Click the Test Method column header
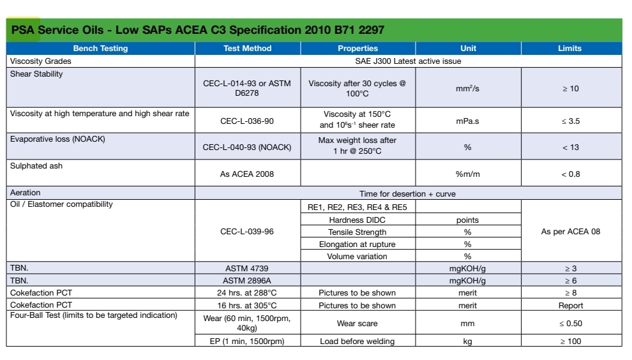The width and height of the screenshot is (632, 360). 248,49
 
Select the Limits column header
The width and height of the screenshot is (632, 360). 569,49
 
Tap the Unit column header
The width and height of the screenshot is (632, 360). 468,49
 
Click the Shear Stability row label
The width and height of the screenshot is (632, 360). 36,74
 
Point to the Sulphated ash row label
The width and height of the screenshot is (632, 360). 36,166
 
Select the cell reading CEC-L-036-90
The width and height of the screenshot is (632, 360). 247,121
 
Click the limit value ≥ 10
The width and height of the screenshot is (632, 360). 571,89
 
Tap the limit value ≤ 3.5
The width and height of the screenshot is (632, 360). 571,121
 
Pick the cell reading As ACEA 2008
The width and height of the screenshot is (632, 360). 247,174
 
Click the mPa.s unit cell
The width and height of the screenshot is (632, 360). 467,121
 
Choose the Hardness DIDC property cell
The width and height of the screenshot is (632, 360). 357,220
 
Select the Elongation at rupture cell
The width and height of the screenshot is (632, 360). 357,244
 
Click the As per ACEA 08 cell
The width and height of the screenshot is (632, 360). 571,232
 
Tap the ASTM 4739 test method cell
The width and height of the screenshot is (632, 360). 247,269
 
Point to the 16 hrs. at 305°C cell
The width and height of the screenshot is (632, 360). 247,306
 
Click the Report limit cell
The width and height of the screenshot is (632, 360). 571,306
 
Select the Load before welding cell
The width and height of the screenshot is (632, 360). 357,341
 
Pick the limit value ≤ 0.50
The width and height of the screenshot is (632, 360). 571,324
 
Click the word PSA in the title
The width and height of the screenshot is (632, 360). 23,30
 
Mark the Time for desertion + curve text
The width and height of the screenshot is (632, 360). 408,194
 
